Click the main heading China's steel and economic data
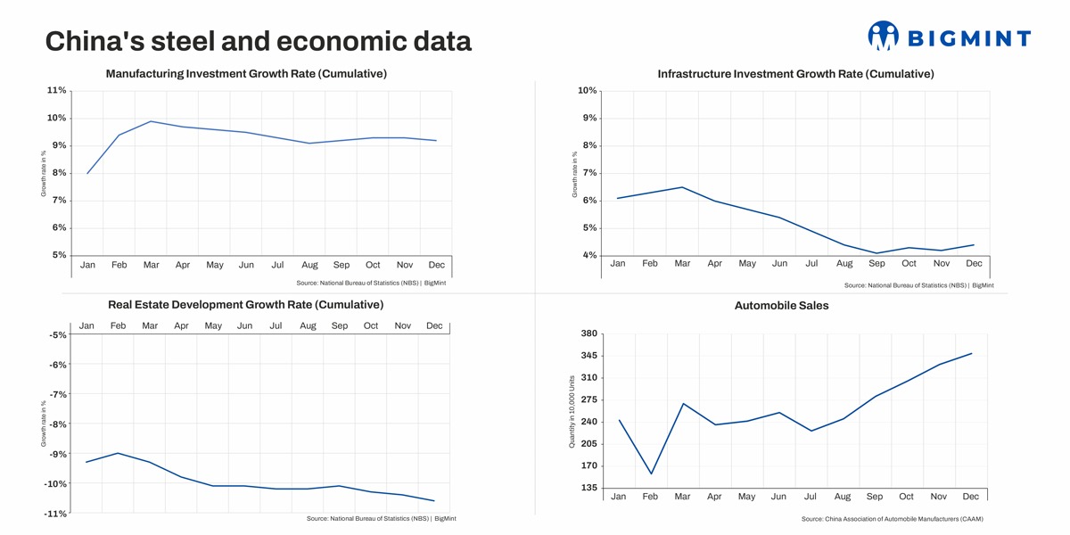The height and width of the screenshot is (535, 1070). [x=258, y=41]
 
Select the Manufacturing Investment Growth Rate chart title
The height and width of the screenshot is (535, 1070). [x=246, y=74]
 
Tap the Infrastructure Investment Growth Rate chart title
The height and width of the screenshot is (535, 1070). [x=795, y=74]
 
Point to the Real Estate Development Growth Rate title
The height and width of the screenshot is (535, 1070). [x=245, y=305]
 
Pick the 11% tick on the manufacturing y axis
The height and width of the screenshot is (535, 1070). [x=56, y=91]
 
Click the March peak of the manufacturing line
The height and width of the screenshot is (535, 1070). [x=151, y=121]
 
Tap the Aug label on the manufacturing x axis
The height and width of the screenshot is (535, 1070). [x=309, y=265]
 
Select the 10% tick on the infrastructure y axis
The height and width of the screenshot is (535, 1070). [x=587, y=91]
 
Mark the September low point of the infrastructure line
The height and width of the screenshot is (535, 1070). [x=877, y=253]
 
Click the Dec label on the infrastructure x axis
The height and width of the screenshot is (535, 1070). [x=974, y=263]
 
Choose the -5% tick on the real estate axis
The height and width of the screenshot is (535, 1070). [x=58, y=335]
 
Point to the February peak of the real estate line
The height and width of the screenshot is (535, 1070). [x=118, y=453]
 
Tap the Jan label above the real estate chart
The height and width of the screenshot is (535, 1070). [x=86, y=325]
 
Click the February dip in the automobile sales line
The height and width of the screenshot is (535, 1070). [x=651, y=473]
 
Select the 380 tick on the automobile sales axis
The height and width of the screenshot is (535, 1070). [x=588, y=334]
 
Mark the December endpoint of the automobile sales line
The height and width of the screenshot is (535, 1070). [x=971, y=353]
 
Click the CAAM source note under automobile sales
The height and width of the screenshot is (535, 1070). [x=892, y=519]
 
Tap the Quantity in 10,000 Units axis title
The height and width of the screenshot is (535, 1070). [x=572, y=411]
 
